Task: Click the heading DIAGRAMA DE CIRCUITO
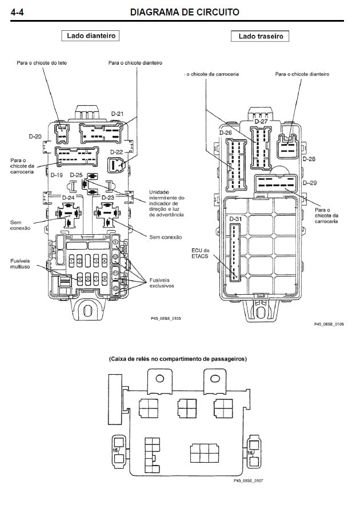[185, 11]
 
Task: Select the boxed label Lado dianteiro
[91, 36]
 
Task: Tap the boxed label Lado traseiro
[260, 37]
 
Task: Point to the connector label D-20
[35, 137]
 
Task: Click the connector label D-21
[117, 114]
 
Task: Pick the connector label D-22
[117, 152]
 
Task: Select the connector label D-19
[57, 175]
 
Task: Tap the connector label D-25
[77, 175]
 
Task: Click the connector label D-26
[226, 133]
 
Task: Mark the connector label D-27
[261, 122]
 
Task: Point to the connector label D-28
[309, 159]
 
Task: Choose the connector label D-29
[310, 183]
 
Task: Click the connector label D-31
[235, 219]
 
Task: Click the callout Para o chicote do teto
[42, 63]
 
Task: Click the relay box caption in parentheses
[178, 359]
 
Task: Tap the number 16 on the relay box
[250, 452]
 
